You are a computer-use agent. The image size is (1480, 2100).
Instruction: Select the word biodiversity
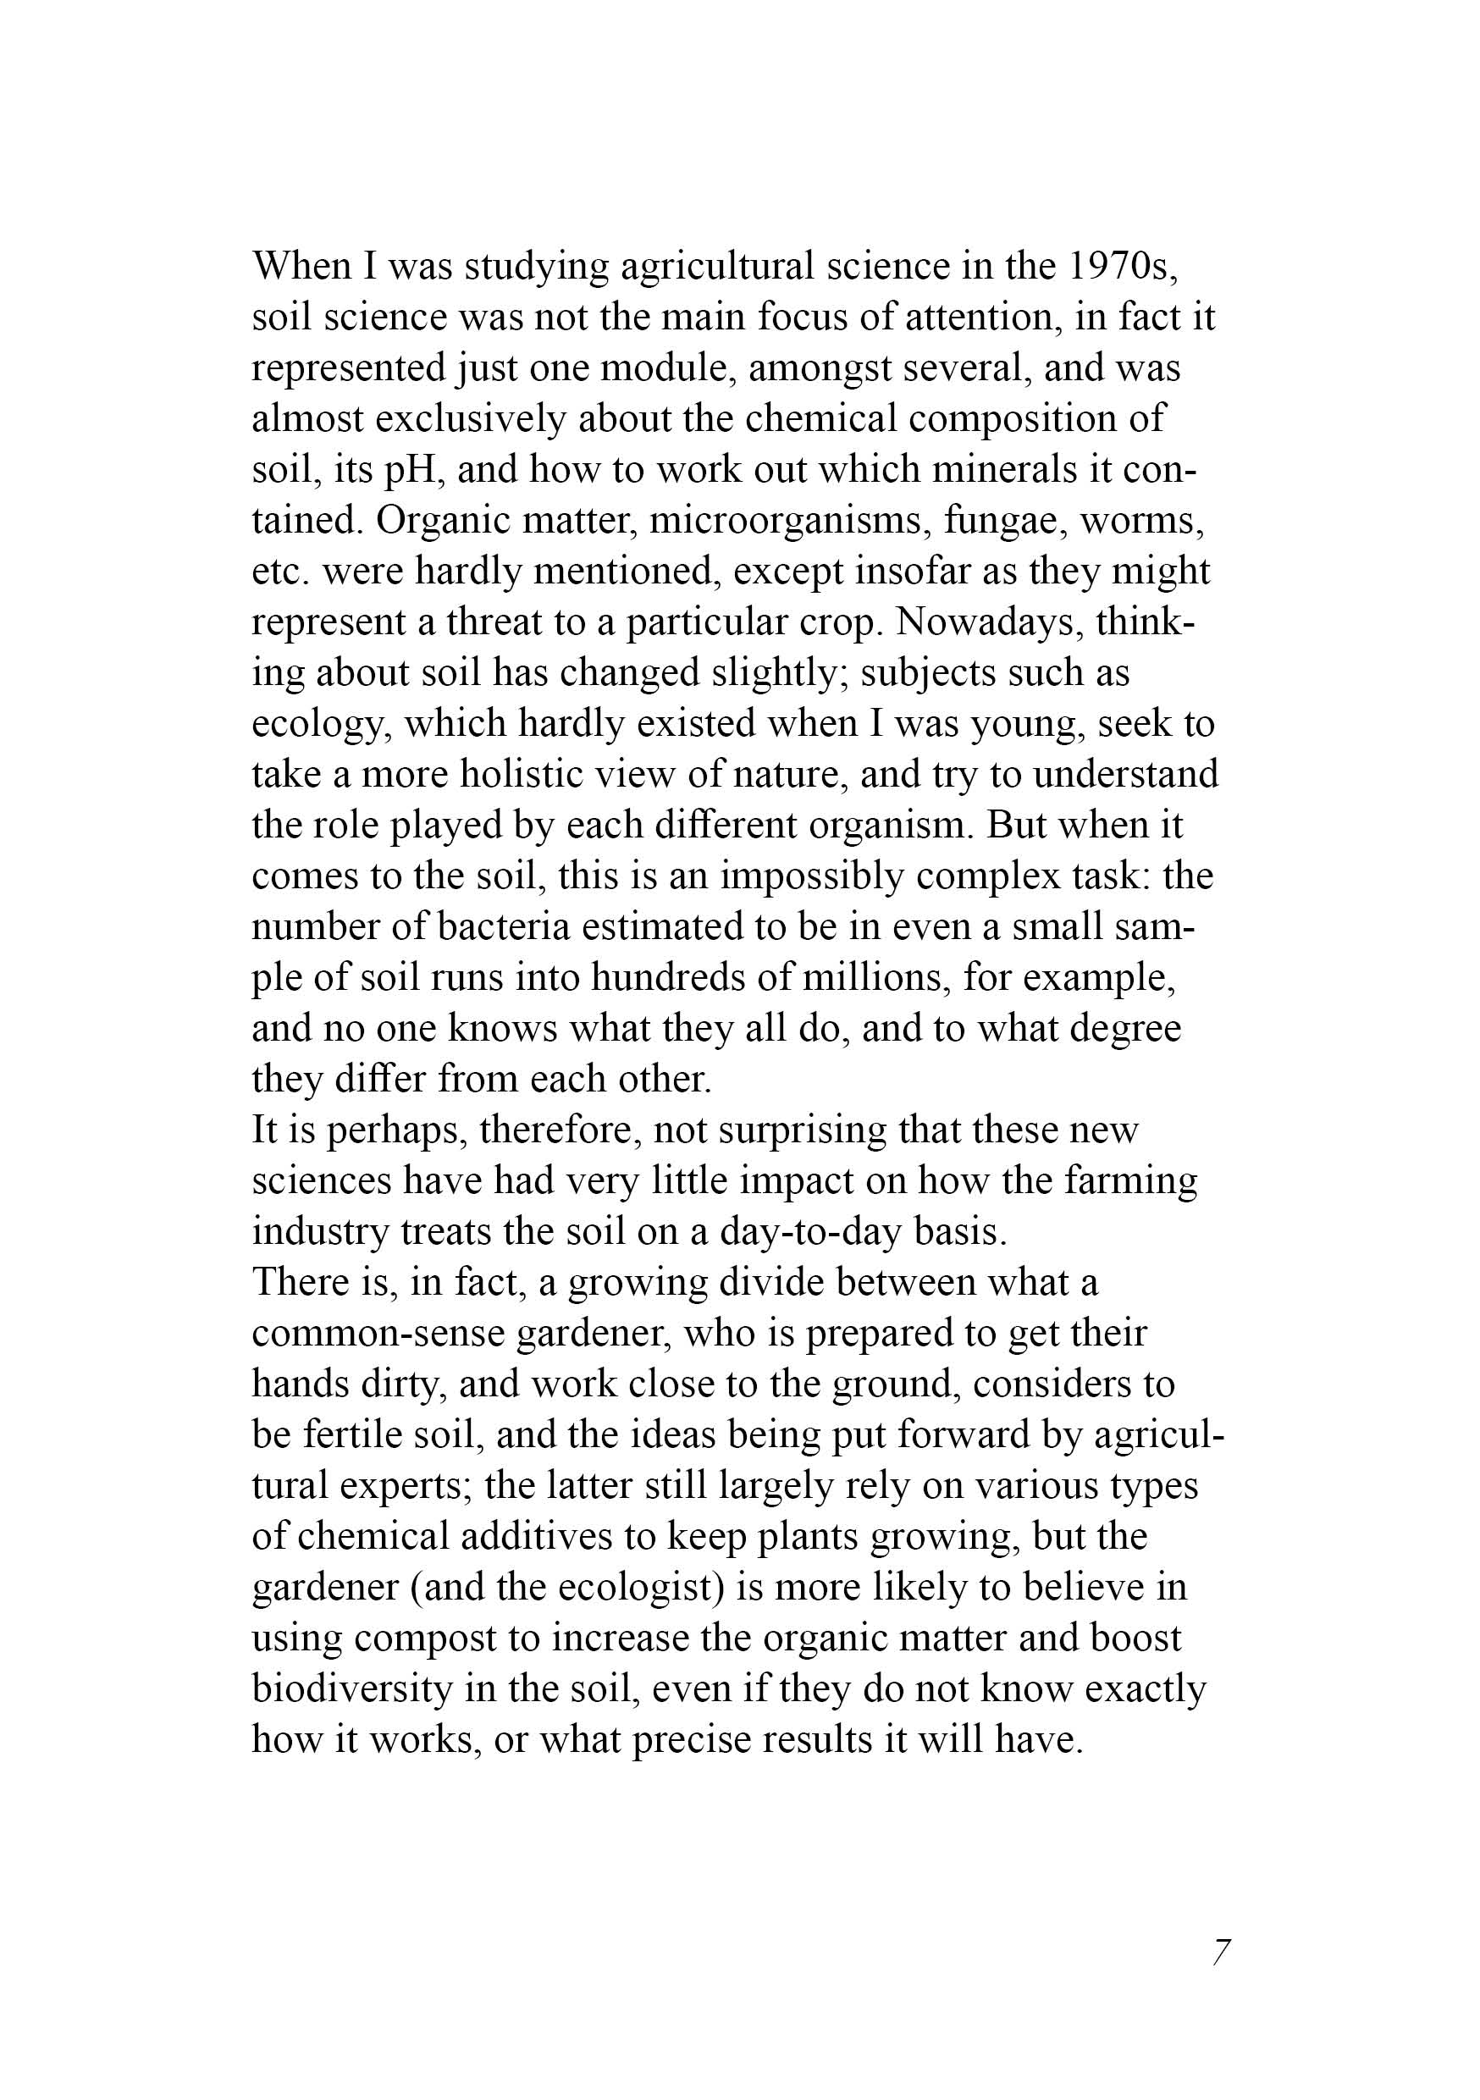click(351, 1689)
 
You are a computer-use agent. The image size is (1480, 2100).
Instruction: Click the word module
click(668, 367)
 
